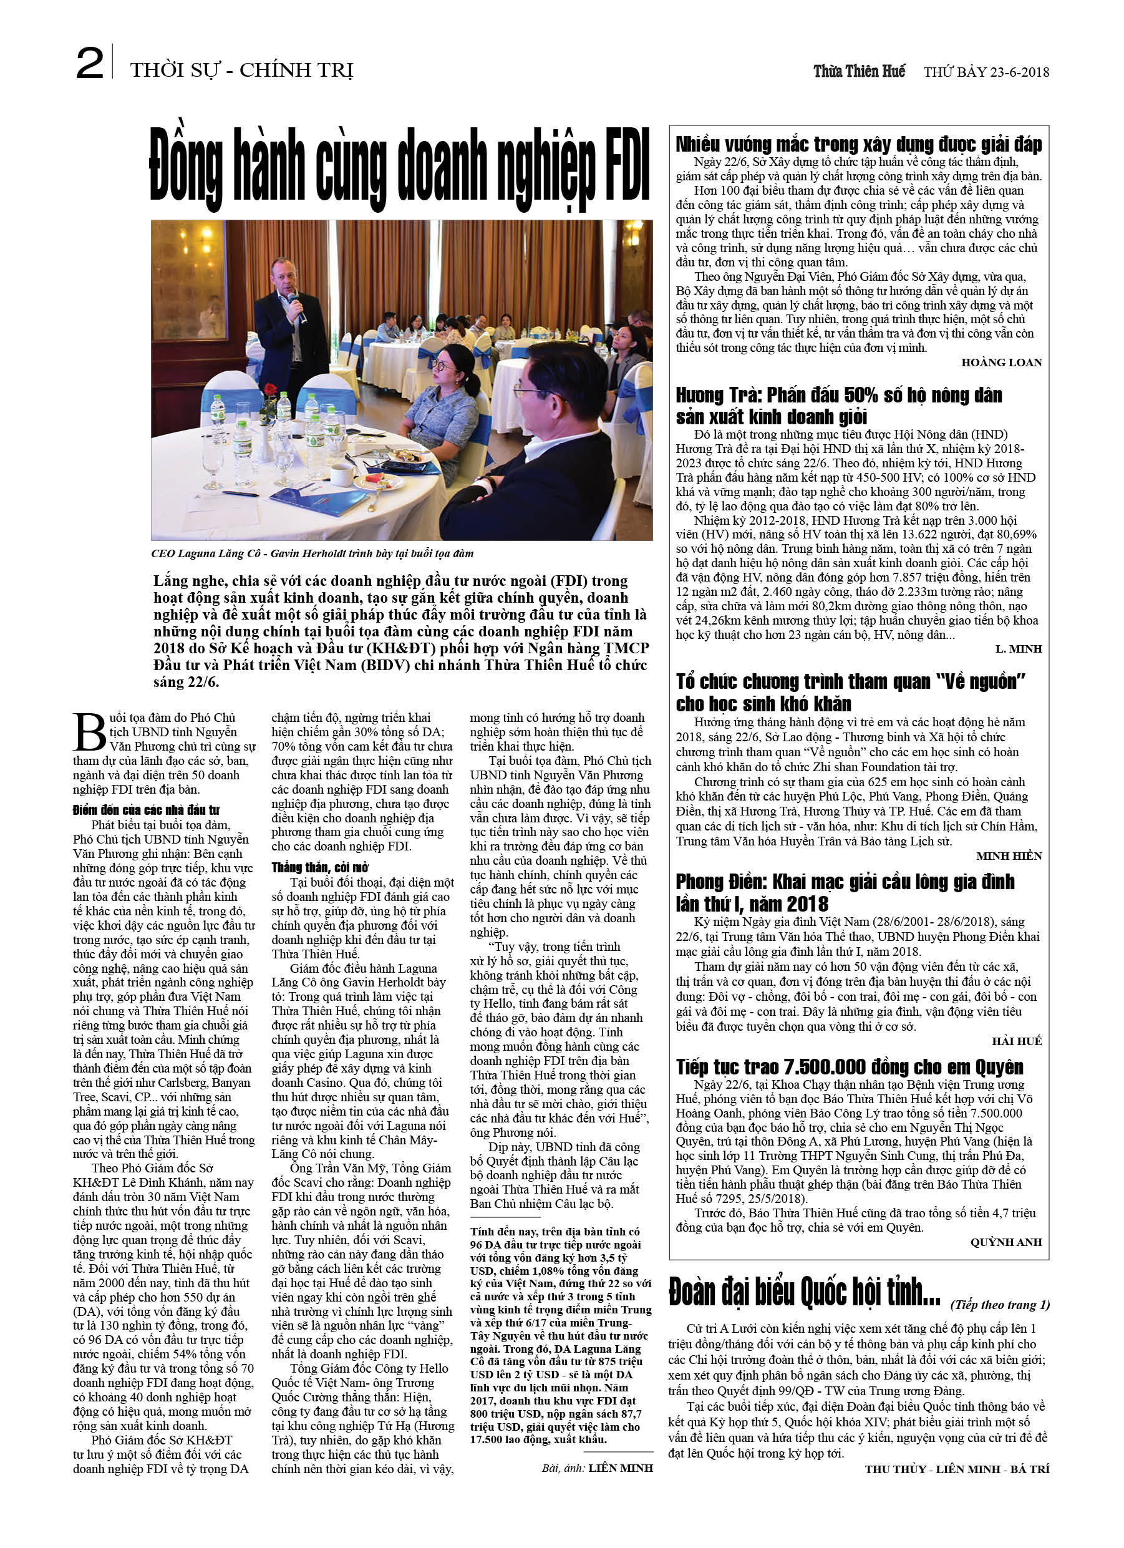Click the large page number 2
pos(89,64)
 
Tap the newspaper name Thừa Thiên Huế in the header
pos(858,71)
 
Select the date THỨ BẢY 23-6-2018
pos(986,72)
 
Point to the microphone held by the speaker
pos(296,304)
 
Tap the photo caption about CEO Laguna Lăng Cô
pos(312,553)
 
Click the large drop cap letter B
pos(89,733)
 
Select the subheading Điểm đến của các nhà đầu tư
pos(146,810)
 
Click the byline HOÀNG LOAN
pos(1001,363)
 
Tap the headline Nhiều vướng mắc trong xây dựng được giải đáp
pos(858,144)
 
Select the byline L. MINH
pos(1018,649)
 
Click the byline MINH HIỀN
pos(1009,856)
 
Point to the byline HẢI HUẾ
pos(1017,1041)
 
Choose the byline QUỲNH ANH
pos(1006,1242)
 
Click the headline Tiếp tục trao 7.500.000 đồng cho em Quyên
pos(850,1067)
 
